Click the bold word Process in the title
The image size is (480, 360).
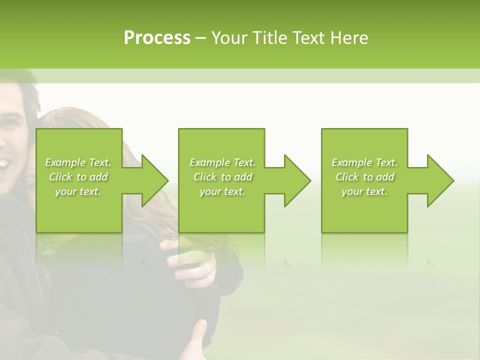click(x=156, y=38)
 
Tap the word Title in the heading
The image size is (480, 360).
click(x=270, y=38)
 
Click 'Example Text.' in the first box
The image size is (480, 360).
click(x=78, y=162)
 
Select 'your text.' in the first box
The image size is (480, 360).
click(x=78, y=191)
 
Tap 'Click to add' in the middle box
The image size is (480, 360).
click(x=222, y=177)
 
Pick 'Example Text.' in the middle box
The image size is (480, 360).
click(x=222, y=162)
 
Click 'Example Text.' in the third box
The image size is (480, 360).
click(x=364, y=162)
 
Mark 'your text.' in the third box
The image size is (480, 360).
click(x=364, y=191)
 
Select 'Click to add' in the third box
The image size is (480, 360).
click(x=364, y=177)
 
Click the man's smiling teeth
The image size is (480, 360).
click(x=4, y=163)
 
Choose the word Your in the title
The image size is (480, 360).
click(x=230, y=38)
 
